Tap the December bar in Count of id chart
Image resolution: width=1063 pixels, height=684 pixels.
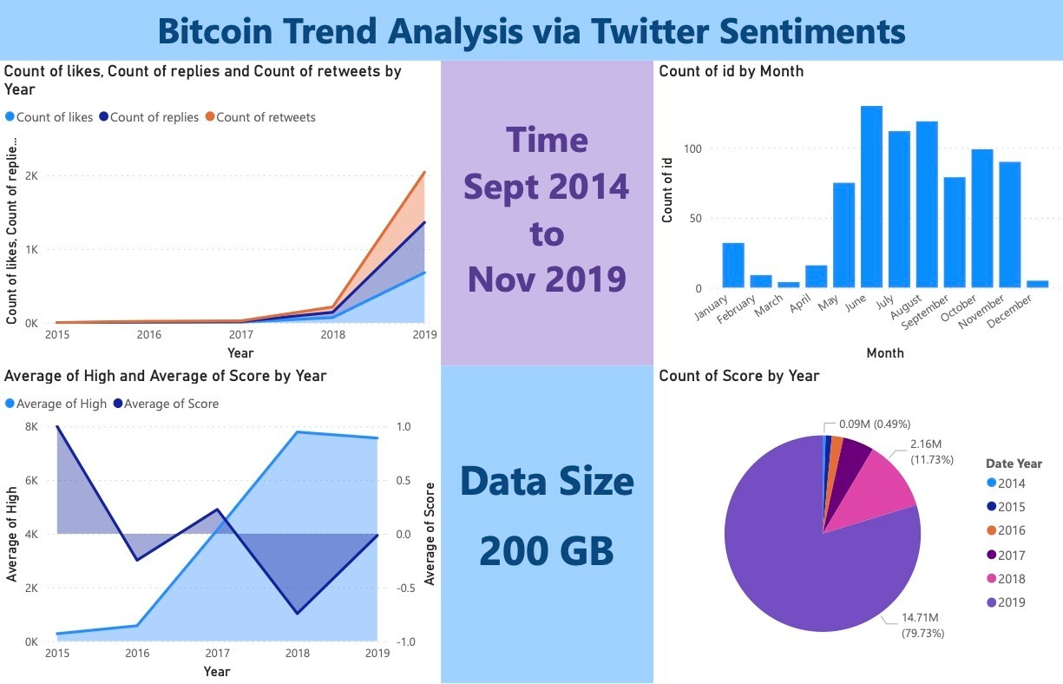[1038, 284]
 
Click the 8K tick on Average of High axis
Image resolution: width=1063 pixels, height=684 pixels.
[32, 427]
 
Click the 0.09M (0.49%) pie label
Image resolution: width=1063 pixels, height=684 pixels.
[872, 424]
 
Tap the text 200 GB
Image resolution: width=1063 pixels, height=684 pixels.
[547, 551]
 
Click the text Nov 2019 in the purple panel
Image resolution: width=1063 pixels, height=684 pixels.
[547, 279]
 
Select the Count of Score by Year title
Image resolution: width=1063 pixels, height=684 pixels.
[739, 376]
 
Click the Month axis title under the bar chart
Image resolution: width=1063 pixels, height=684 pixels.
[884, 353]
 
